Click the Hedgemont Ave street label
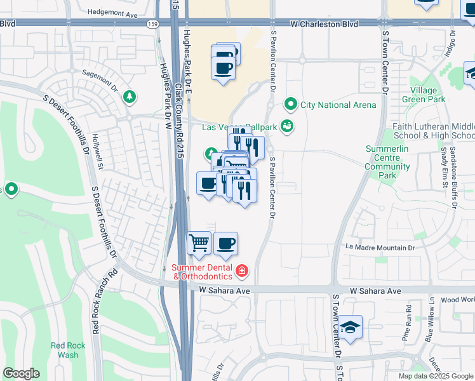[x=112, y=13]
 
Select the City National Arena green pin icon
[x=291, y=104]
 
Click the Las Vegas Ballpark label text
[x=239, y=127]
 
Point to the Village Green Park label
[x=424, y=95]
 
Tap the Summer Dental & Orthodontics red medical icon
[x=241, y=272]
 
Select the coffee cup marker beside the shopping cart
[x=225, y=243]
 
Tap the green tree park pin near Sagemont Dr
[x=130, y=97]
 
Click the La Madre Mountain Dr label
[x=380, y=248]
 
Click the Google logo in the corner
[x=22, y=373]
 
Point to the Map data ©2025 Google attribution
[x=435, y=376]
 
